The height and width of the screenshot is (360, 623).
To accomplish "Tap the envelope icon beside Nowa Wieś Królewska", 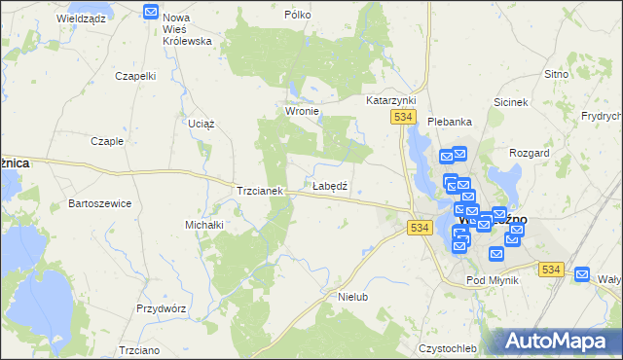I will [x=151, y=12].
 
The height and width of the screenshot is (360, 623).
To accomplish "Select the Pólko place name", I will [x=297, y=16].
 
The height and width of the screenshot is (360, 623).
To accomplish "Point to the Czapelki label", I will [x=135, y=76].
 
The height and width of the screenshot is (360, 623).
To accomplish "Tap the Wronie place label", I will [x=302, y=112].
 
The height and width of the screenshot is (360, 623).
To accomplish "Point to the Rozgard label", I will [x=530, y=154].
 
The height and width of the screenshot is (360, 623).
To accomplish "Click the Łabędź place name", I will [x=330, y=185].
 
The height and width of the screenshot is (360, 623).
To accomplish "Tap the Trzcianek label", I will [x=259, y=191].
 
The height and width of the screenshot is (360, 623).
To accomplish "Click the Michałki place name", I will [x=204, y=225].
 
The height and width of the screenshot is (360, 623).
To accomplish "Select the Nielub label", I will [x=352, y=296].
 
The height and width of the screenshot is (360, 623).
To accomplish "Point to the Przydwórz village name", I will [x=161, y=306].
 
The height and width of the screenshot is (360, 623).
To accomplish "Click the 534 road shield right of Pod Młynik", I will [x=552, y=270].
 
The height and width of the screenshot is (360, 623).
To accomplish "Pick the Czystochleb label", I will [x=447, y=348].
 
